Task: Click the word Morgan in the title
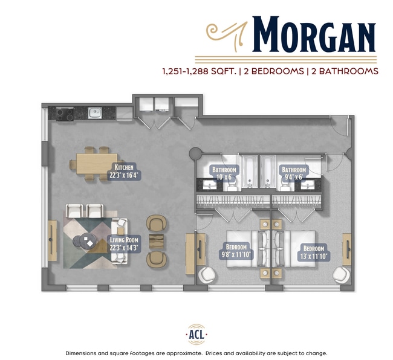point(314,34)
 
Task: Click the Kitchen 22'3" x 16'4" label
point(124,171)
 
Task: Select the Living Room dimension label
point(125,243)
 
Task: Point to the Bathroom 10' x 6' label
point(223,173)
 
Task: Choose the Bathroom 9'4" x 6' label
point(294,173)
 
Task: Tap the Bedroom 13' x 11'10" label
point(313,252)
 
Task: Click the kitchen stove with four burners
point(65,114)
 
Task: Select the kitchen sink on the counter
point(96,113)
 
